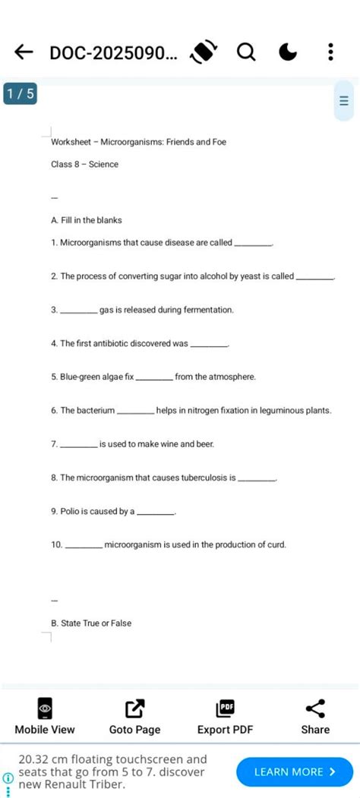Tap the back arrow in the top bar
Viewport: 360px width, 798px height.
pyautogui.click(x=24, y=52)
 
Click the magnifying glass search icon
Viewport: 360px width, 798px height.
pyautogui.click(x=246, y=52)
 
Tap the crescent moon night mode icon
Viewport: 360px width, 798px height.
pyautogui.click(x=288, y=52)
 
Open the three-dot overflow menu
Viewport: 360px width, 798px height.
pyautogui.click(x=330, y=52)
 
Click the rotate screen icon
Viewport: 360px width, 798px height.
pyautogui.click(x=204, y=52)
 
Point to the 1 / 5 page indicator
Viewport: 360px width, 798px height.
pyautogui.click(x=18, y=94)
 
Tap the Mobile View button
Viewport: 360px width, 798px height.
pyautogui.click(x=45, y=718)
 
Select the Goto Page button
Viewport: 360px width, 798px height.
pyautogui.click(x=134, y=718)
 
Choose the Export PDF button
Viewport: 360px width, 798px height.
pyautogui.click(x=225, y=718)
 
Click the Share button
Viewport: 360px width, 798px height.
pyautogui.click(x=315, y=718)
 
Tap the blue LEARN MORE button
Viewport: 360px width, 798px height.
pyautogui.click(x=294, y=771)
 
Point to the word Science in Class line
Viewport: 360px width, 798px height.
pyautogui.click(x=104, y=164)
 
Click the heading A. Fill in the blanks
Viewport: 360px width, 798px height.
pyautogui.click(x=87, y=220)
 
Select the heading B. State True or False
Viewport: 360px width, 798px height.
pyautogui.click(x=91, y=623)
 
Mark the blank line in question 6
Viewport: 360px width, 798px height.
pyautogui.click(x=136, y=412)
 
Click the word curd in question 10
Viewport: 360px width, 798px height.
pyautogui.click(x=277, y=545)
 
